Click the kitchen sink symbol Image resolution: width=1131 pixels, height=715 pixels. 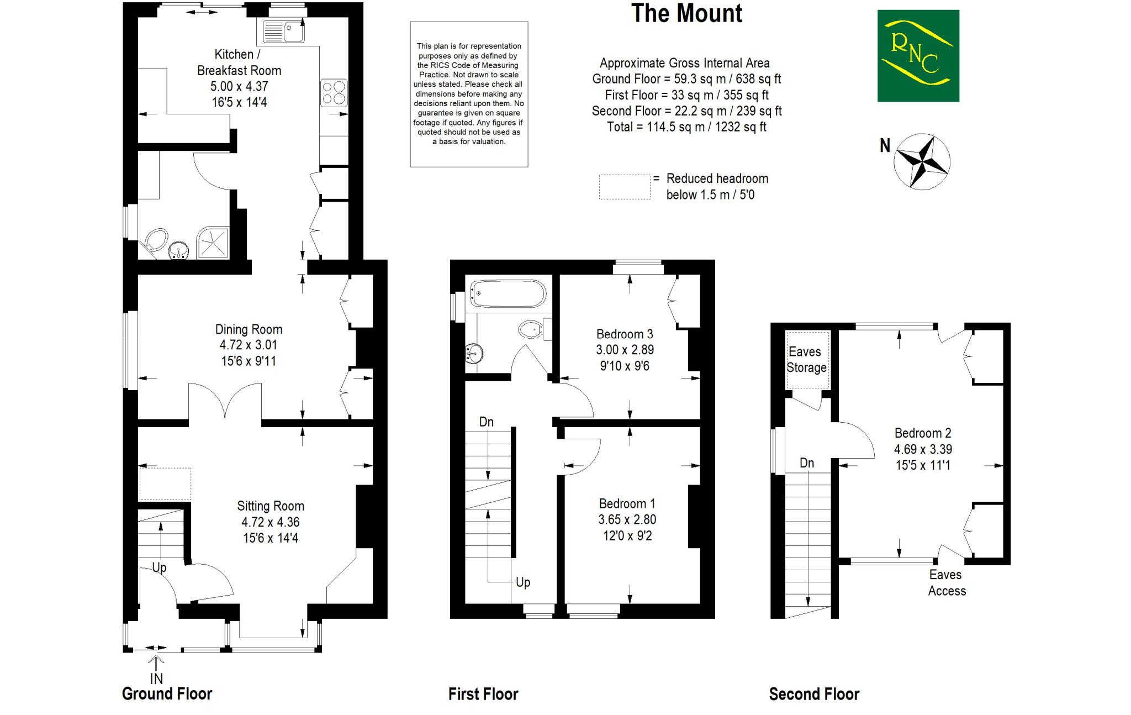283,31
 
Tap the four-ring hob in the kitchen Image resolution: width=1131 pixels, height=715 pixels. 334,93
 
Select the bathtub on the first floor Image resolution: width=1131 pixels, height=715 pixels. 508,294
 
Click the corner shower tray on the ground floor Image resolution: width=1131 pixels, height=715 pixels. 213,243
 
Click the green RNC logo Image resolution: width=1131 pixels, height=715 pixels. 918,56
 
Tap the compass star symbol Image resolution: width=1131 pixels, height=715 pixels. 922,161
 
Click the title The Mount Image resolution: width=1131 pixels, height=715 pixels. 686,14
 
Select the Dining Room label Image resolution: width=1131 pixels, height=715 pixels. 249,329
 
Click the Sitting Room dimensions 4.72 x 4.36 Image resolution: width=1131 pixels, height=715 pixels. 271,522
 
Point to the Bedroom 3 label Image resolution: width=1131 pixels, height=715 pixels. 625,334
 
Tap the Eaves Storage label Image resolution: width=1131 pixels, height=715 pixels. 806,360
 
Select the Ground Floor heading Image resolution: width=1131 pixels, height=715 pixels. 167,694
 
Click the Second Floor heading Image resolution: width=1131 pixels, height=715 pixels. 814,694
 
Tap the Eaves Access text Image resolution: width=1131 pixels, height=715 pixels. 947,583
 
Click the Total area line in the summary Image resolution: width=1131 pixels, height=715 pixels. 686,127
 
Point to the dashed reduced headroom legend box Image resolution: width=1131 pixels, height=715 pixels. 625,187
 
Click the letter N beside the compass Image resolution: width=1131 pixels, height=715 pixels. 885,145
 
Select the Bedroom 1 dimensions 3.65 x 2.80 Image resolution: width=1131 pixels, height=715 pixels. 627,519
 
